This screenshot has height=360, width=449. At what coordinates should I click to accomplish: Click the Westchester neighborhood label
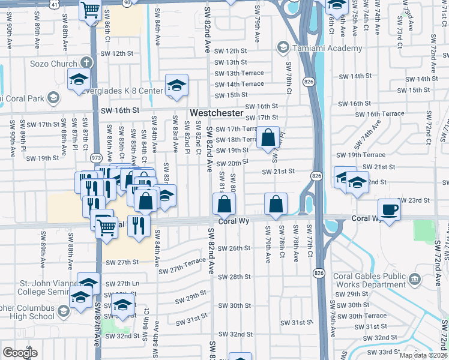217,113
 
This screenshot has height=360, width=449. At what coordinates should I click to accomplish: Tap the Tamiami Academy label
327,49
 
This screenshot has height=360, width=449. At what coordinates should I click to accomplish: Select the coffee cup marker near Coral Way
389,210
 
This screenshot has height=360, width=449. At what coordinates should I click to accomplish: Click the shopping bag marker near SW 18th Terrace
268,138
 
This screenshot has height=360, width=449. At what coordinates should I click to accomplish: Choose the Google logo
20,353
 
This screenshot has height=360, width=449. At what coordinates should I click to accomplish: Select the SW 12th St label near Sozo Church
116,53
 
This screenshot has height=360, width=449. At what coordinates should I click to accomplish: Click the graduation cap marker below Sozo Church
79,80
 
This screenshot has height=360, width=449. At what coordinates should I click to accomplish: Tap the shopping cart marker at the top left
90,10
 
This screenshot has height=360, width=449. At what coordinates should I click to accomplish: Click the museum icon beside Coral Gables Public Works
414,280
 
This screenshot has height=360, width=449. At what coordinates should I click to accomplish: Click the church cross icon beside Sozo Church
86,62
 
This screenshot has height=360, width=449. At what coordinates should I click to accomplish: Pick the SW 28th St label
234,277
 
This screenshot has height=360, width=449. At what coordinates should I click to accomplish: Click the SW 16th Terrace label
384,114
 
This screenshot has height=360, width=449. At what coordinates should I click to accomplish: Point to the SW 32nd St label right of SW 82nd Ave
235,334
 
